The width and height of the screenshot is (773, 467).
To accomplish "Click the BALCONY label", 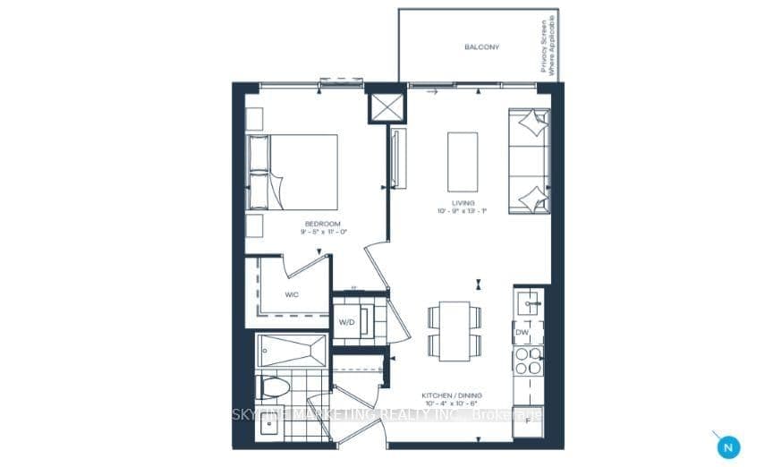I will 481,47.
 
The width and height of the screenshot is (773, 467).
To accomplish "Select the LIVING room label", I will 462,203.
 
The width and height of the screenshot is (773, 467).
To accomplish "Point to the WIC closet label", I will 293,293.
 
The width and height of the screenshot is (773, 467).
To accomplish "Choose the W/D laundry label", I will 346,323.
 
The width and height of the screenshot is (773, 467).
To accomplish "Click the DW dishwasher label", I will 522,333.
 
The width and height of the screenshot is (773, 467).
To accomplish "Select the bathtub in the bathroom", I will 292,350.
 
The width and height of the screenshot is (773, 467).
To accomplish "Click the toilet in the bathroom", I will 274,386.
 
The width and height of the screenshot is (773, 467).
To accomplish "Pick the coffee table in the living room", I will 462,159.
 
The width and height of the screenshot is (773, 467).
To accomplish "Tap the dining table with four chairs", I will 454,330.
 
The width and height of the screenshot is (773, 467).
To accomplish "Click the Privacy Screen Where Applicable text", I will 548,46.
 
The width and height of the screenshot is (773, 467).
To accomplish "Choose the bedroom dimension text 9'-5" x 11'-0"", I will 323,232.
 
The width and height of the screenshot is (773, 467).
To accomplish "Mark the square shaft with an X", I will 386,108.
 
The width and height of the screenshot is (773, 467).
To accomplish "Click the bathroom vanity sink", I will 269,426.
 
